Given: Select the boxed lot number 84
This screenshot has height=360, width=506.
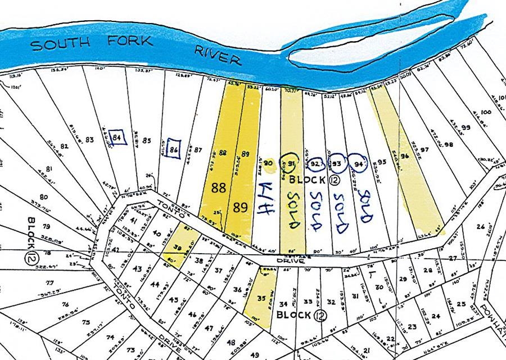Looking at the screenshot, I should click(118, 137).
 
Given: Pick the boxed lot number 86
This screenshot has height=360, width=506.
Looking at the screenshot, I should click(174, 150).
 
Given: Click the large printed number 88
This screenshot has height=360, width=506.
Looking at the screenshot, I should click(219, 190).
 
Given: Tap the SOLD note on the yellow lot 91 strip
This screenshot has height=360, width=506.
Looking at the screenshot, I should click(292, 209).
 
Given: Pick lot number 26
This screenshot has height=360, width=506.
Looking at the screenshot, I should click(480, 227).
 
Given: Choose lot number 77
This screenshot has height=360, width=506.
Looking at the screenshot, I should click(49, 283).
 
